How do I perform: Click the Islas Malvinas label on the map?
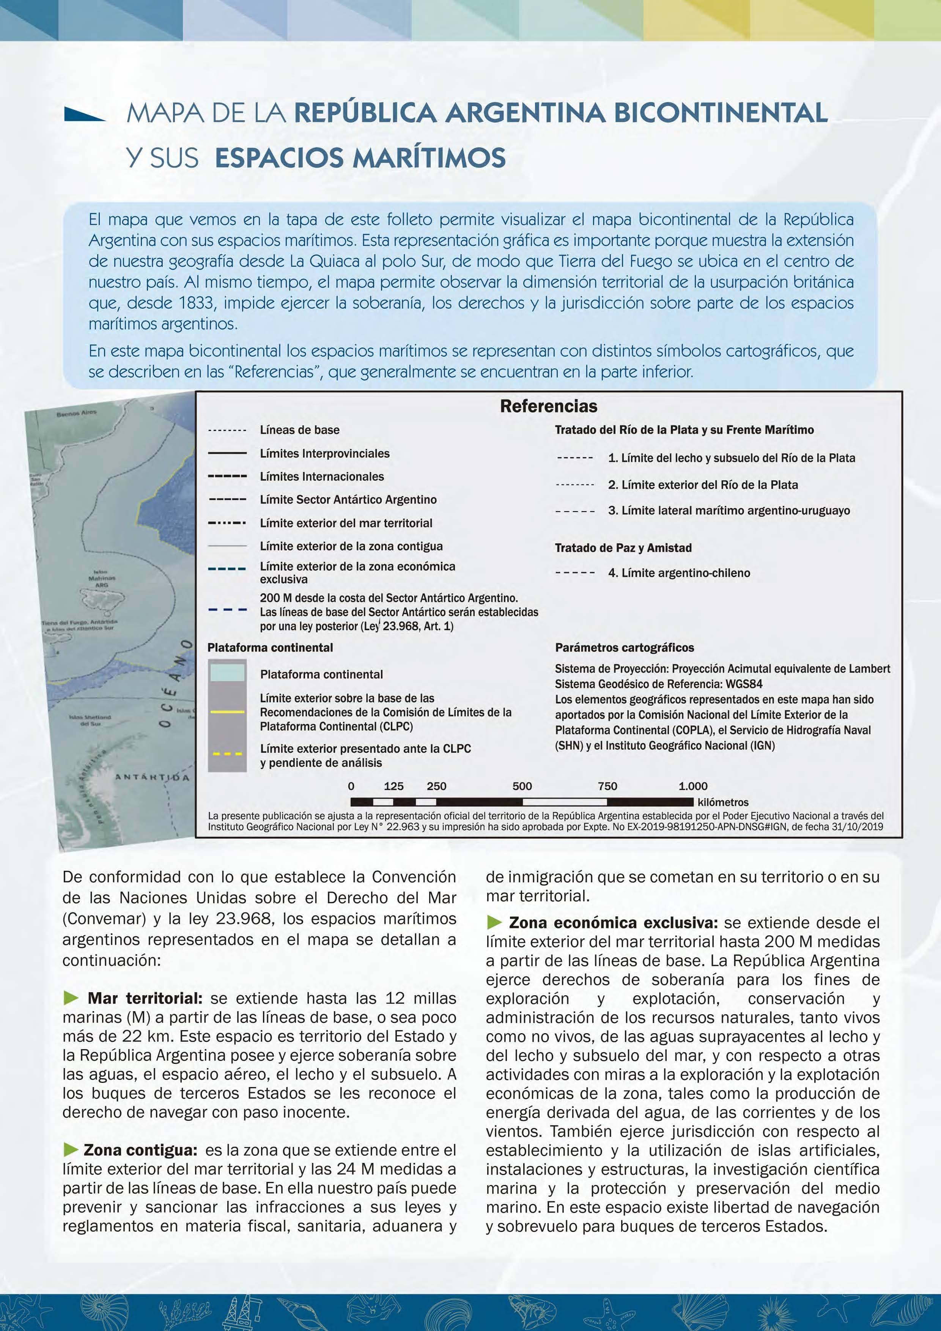click(102, 578)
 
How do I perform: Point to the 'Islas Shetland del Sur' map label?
click(90, 720)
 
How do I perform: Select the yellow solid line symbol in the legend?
click(227, 711)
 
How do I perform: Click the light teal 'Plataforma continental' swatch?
click(227, 672)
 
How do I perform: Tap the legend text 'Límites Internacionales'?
click(322, 477)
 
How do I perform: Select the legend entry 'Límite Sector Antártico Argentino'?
click(348, 500)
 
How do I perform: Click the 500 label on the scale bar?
click(522, 786)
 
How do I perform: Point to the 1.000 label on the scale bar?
click(693, 786)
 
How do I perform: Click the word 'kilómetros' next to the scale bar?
click(723, 802)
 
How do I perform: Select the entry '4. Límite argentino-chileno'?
click(678, 573)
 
